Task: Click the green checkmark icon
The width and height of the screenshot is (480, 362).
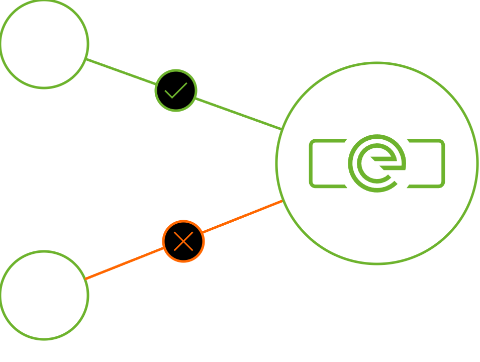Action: pos(176,90)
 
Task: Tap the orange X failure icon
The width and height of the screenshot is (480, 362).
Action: pos(183,241)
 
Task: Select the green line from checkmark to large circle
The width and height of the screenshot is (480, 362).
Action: pos(236,113)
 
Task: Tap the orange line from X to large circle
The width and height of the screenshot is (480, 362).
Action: pos(241,217)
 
